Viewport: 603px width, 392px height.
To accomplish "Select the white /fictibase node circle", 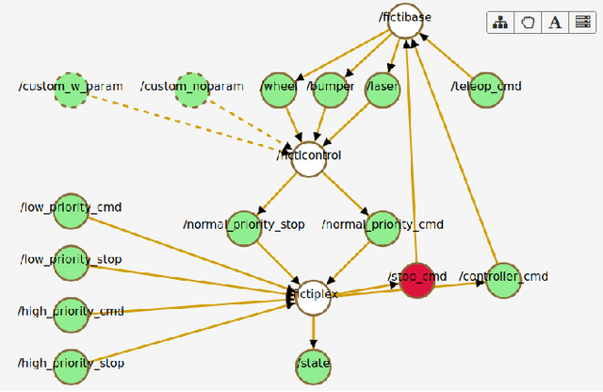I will click(405, 22).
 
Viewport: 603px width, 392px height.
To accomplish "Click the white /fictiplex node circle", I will click(314, 295).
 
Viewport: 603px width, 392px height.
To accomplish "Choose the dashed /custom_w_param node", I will click(71, 90).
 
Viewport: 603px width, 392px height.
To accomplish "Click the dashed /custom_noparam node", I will click(191, 90).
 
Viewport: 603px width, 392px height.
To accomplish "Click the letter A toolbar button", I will click(555, 23).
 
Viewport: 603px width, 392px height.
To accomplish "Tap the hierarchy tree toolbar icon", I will click(500, 23).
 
